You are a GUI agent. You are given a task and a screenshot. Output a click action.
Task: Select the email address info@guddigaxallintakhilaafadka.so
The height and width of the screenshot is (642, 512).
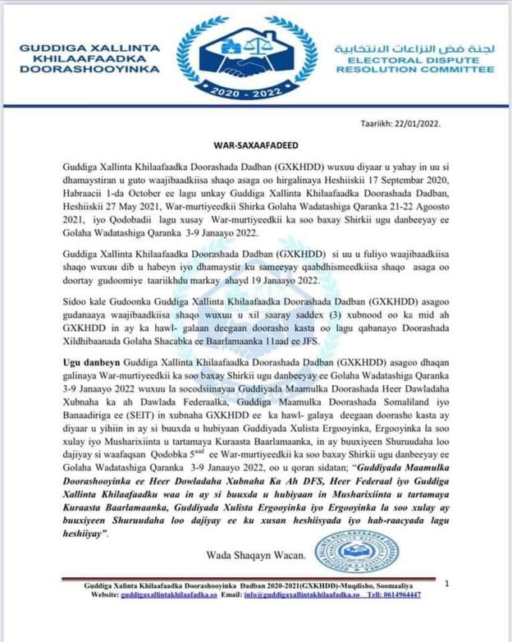click(x=302, y=595)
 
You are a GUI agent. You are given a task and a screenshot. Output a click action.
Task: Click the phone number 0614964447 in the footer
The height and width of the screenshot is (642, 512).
click(x=401, y=595)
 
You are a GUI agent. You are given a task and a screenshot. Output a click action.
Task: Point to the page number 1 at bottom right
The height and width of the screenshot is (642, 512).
click(x=446, y=583)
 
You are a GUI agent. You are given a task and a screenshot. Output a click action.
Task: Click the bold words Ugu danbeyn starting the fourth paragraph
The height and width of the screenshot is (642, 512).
click(x=89, y=361)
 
